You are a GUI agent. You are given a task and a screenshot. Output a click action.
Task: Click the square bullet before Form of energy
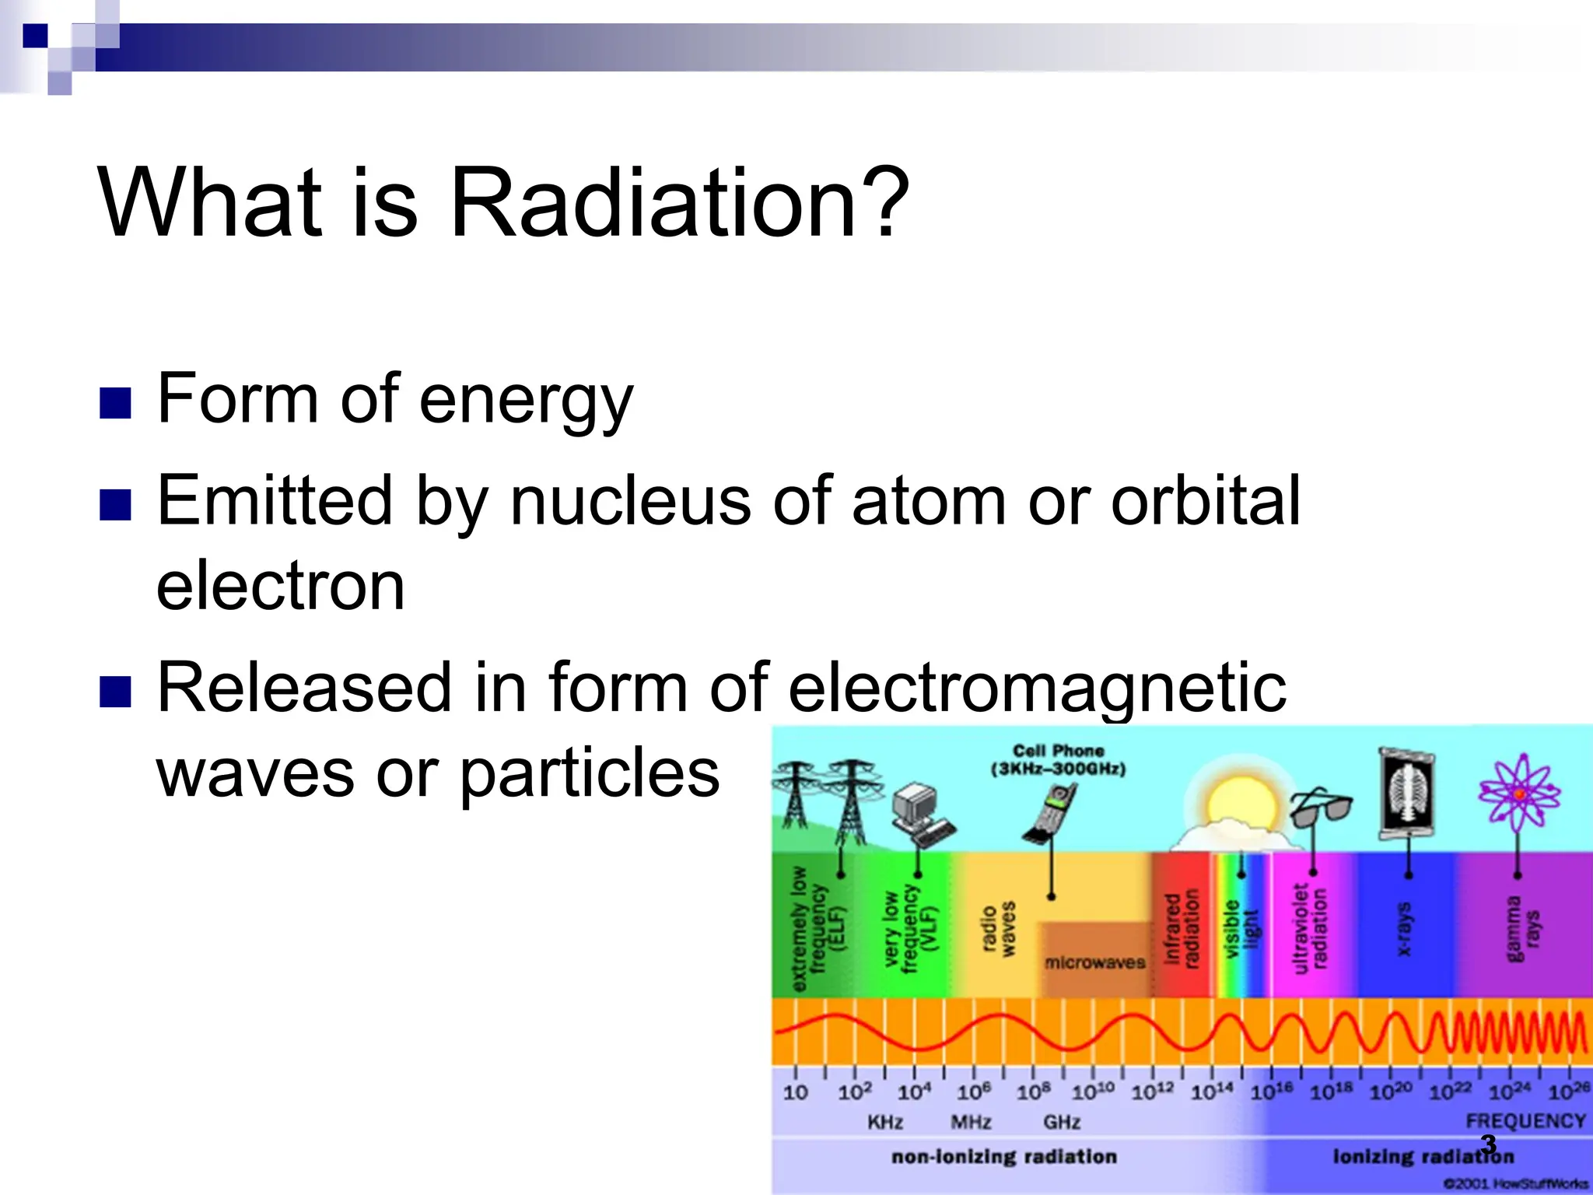115,403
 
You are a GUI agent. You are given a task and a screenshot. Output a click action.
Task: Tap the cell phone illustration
1050,813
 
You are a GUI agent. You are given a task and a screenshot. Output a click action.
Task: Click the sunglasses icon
1321,808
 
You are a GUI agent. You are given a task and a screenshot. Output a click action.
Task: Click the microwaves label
1094,963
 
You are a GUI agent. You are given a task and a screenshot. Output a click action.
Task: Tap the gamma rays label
1522,928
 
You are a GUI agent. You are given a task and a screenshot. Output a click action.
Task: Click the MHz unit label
971,1122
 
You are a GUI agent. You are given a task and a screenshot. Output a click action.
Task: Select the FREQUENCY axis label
1525,1121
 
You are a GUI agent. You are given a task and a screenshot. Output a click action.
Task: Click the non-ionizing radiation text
1003,1157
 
